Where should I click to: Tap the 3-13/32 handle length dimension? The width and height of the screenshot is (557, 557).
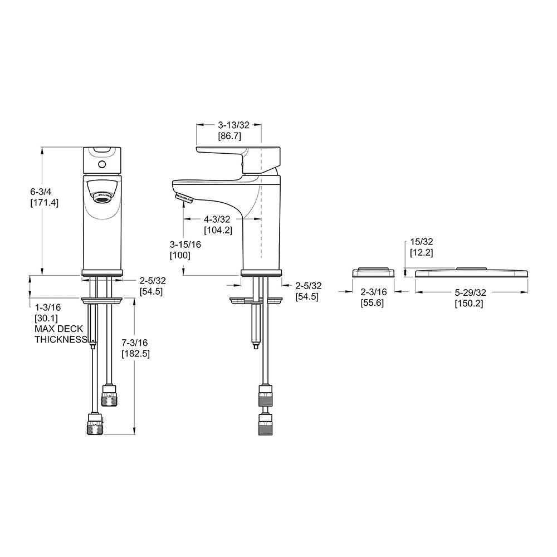[229, 125]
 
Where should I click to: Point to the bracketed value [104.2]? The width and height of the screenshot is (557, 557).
[218, 230]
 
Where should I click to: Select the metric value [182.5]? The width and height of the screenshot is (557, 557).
[136, 354]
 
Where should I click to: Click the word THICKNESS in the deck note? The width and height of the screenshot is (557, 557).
[61, 339]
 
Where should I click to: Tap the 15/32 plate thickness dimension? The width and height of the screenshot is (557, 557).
[421, 242]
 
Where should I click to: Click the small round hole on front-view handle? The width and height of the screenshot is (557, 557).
[101, 165]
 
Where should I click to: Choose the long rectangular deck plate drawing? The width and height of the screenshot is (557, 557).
[471, 272]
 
